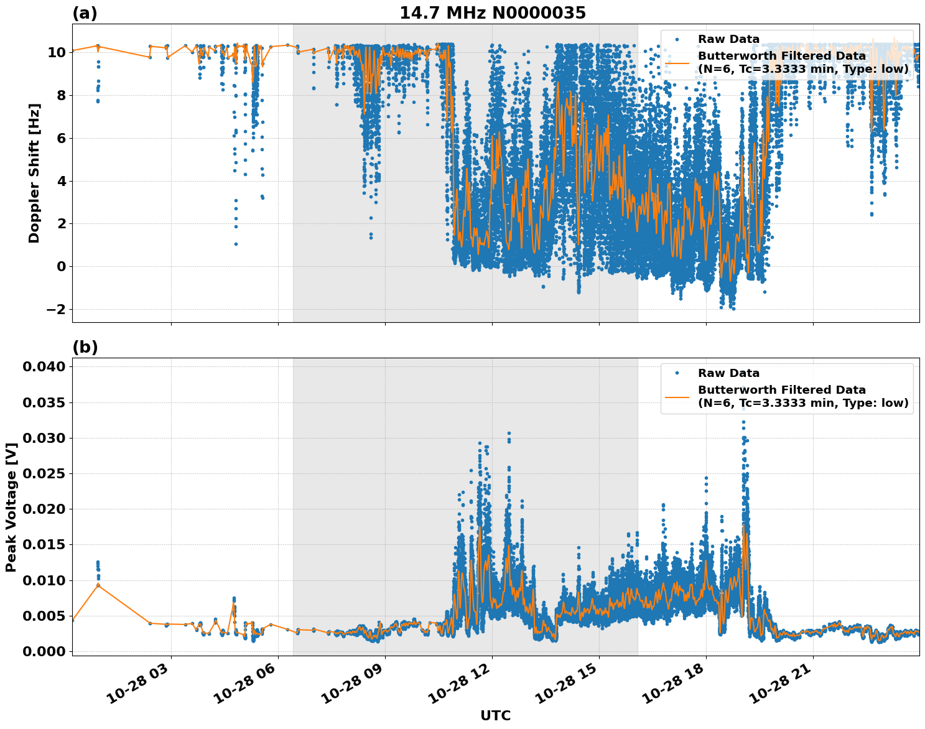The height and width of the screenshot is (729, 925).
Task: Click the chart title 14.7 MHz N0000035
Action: pos(492,13)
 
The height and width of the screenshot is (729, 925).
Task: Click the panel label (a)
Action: pos(85,13)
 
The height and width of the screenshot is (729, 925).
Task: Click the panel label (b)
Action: pos(85,347)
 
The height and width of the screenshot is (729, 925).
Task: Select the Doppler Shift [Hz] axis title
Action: pos(34,173)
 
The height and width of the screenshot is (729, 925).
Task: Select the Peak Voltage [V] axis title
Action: pos(11,507)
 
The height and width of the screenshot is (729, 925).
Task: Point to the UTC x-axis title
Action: pos(495,715)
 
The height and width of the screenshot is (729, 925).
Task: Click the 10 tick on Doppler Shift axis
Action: pos(56,52)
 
